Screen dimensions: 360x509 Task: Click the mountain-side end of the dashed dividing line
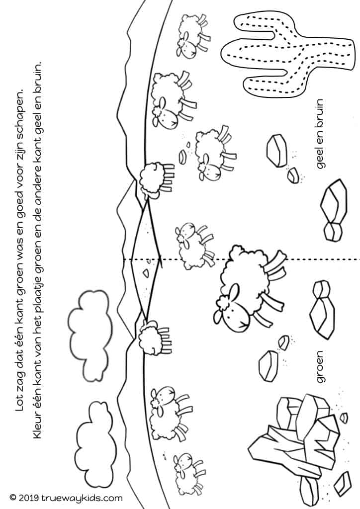tap(124, 259)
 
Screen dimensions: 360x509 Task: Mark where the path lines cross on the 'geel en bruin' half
tap(148, 200)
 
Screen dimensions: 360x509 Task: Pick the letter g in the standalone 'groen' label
tap(321, 378)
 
